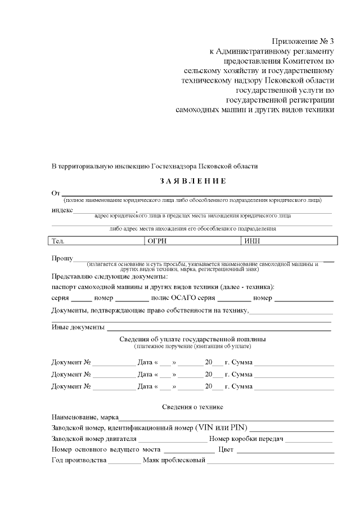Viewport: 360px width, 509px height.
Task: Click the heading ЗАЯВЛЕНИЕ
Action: [x=193, y=181]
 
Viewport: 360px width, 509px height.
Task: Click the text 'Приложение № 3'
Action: [x=303, y=41]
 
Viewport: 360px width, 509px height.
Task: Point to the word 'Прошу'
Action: [x=62, y=259]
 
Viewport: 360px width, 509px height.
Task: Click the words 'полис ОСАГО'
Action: [x=172, y=298]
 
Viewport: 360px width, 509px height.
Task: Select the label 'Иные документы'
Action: [x=78, y=327]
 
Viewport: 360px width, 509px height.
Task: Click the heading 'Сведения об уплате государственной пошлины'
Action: [x=193, y=340]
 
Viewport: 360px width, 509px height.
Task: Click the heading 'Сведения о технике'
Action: [x=193, y=407]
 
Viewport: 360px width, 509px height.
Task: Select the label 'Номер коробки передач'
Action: [x=245, y=439]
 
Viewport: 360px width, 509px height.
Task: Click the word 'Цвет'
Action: [x=226, y=450]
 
